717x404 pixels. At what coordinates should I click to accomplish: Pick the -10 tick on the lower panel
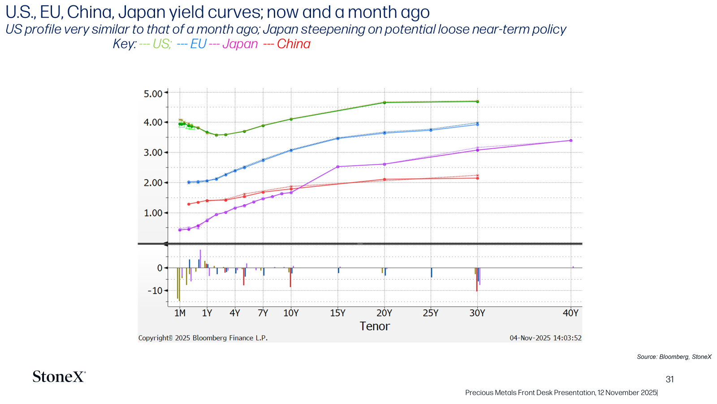click(155, 291)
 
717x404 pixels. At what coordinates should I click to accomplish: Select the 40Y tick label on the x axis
click(571, 313)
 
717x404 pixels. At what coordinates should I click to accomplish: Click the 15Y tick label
click(338, 313)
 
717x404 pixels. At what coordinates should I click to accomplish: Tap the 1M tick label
click(180, 313)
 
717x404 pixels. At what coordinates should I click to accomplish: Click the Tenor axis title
click(375, 326)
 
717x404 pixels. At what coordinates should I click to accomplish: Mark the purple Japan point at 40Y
click(571, 141)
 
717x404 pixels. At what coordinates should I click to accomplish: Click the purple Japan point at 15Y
click(338, 167)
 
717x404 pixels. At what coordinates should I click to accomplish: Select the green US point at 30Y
click(478, 101)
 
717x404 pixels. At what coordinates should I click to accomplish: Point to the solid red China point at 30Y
click(478, 178)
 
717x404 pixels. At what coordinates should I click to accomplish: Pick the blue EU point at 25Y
click(431, 130)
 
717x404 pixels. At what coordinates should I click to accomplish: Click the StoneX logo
click(59, 377)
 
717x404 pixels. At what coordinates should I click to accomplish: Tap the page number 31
click(669, 379)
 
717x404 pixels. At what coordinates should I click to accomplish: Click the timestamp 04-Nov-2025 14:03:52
click(545, 338)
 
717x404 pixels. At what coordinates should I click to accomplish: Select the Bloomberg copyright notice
click(203, 338)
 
